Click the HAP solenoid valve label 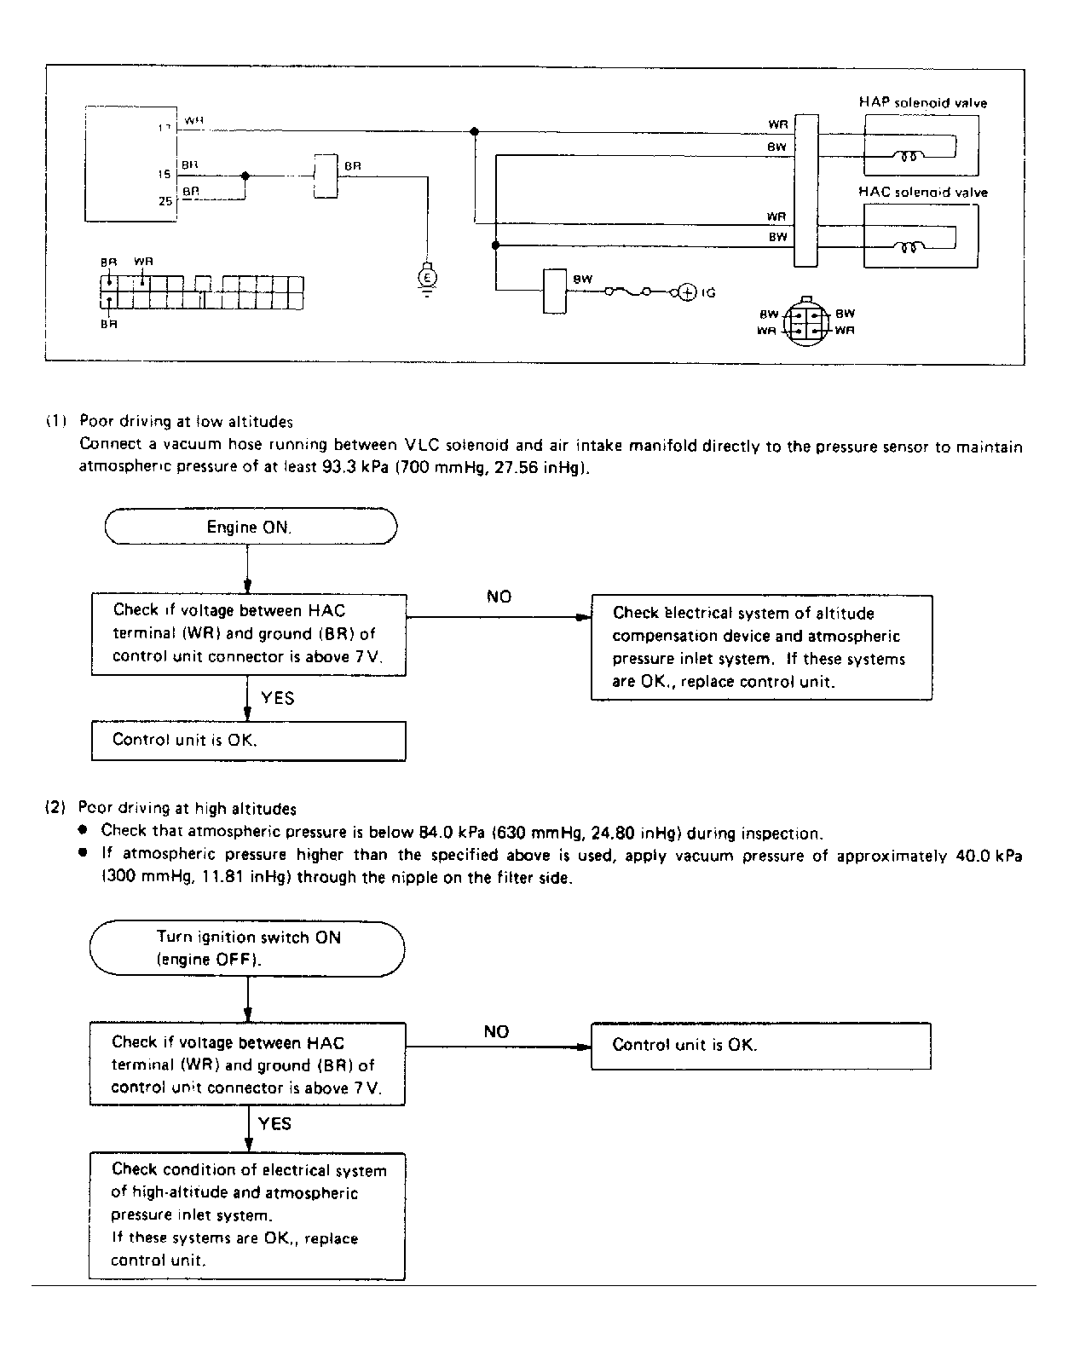(x=922, y=103)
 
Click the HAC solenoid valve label (x=922, y=193)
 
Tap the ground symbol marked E (x=427, y=277)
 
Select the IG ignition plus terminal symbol (x=687, y=292)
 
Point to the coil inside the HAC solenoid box (x=904, y=247)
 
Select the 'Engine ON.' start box (x=250, y=527)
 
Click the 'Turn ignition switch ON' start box (x=247, y=948)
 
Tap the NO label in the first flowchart (x=499, y=597)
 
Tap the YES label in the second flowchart (x=274, y=1123)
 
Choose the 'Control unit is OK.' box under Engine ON (x=248, y=741)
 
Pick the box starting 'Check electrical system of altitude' (x=761, y=648)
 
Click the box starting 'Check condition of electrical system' (x=246, y=1215)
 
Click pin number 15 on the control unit (x=164, y=174)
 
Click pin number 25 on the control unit (x=164, y=202)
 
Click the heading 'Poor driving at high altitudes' (x=187, y=808)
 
